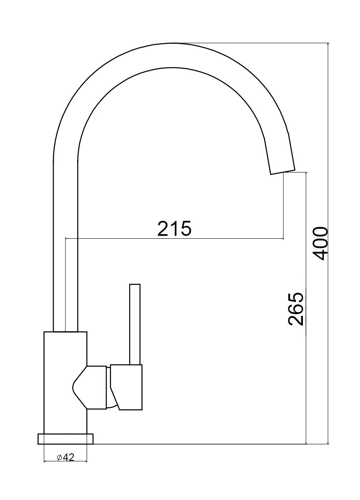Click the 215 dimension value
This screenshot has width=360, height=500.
(174, 228)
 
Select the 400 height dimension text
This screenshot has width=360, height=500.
(320, 243)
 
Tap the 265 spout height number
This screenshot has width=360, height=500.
(296, 309)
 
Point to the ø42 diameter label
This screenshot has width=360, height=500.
(65, 457)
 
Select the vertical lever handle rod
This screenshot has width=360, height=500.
(135, 324)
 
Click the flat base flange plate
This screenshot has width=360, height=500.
(65, 439)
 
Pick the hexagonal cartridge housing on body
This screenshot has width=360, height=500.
(91, 387)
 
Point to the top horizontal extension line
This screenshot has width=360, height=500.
(258, 42)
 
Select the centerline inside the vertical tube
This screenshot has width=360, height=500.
(66, 292)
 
